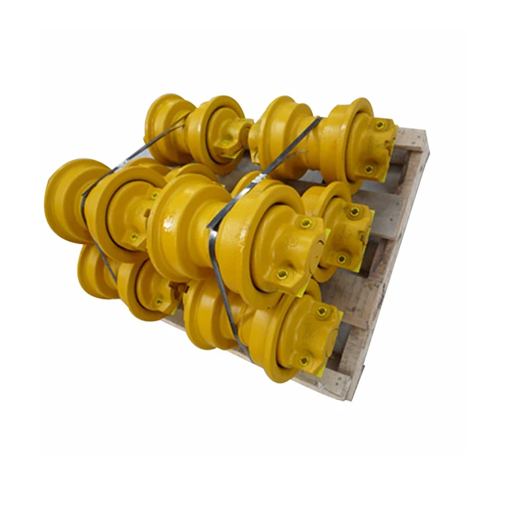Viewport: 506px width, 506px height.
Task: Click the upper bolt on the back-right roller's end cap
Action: click(x=380, y=125)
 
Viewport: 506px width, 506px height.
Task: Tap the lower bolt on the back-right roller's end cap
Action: click(x=368, y=169)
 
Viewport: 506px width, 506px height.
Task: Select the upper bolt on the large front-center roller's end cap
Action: click(x=306, y=223)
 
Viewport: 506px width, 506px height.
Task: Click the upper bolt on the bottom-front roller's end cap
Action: click(x=322, y=312)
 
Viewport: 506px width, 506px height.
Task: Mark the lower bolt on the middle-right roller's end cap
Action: click(x=341, y=258)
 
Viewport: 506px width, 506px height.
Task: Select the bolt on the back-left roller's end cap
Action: click(x=225, y=142)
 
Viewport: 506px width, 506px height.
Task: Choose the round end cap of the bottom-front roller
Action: click(x=310, y=334)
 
